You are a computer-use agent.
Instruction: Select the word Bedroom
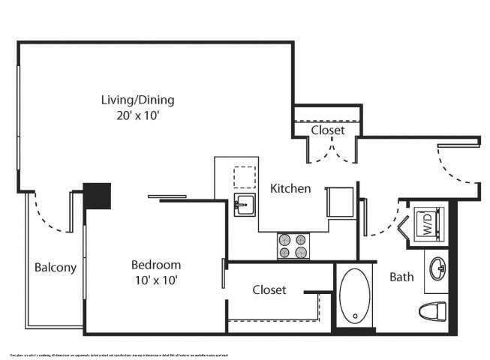point(156,265)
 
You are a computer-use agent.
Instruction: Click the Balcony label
point(56,267)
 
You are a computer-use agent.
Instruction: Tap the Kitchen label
point(290,188)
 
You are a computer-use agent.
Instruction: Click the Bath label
point(401,277)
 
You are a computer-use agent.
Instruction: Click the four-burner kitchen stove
point(294,245)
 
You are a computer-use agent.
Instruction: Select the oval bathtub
point(354,296)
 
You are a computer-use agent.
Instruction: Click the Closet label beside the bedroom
point(269,289)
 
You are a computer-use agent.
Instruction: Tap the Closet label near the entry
point(328,130)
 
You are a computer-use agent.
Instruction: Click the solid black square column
point(97,196)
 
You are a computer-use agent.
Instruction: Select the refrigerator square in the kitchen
point(338,202)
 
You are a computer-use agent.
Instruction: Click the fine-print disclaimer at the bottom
point(119,354)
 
